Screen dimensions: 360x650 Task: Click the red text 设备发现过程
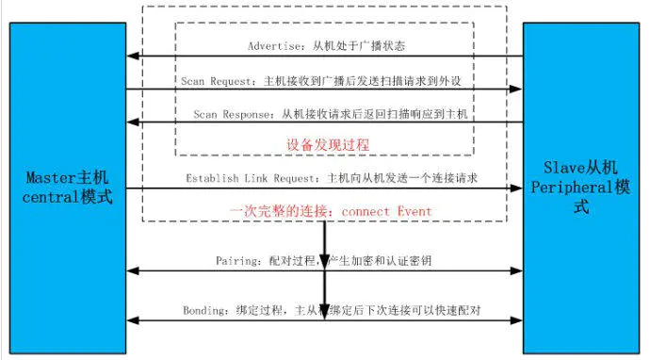click(x=328, y=145)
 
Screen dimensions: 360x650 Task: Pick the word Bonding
click(x=203, y=310)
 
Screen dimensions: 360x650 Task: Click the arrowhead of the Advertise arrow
click(x=133, y=57)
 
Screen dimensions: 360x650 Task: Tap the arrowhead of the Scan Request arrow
click(x=516, y=90)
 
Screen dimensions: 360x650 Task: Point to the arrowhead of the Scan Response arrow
click(x=133, y=123)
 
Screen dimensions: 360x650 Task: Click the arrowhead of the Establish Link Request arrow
click(x=516, y=188)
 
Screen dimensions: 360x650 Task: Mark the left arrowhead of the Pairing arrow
click(x=133, y=271)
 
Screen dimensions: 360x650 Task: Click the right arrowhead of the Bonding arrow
click(x=516, y=321)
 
